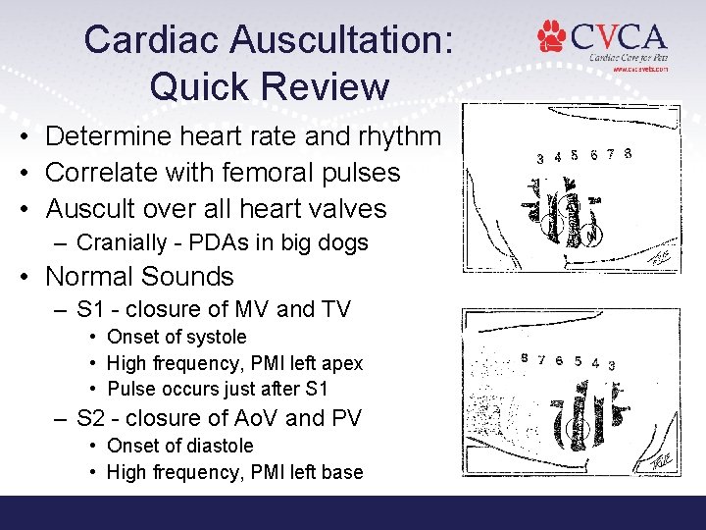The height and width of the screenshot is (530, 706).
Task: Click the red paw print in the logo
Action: click(x=552, y=37)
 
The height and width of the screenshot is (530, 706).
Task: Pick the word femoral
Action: click(x=280, y=173)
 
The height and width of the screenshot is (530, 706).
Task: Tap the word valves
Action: click(x=348, y=209)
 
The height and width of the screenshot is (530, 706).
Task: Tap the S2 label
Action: click(x=90, y=418)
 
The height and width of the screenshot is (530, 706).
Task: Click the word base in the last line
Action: click(x=343, y=472)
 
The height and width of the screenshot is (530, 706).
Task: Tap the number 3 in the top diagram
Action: click(x=540, y=158)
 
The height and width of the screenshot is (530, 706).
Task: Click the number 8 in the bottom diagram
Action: click(x=525, y=358)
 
